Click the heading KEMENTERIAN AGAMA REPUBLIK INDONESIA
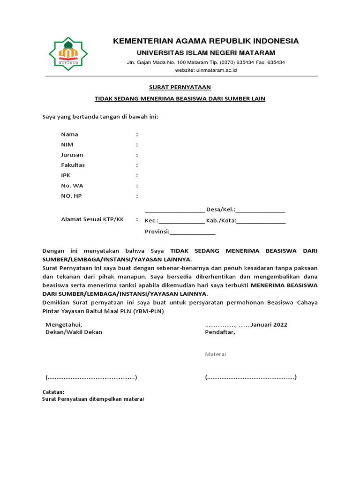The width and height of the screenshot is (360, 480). pyautogui.click(x=206, y=41)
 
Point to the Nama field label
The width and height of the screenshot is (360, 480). pyautogui.click(x=69, y=135)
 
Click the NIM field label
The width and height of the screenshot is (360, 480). pyautogui.click(x=67, y=145)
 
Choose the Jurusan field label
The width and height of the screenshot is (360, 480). pyautogui.click(x=72, y=155)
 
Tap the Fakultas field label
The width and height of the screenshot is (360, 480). pyautogui.click(x=73, y=165)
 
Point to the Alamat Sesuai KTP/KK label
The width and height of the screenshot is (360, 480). pyautogui.click(x=92, y=219)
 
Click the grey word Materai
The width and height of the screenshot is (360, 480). pyautogui.click(x=215, y=354)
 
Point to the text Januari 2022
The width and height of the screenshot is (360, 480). pyautogui.click(x=269, y=325)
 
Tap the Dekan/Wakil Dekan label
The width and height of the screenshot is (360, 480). pyautogui.click(x=74, y=332)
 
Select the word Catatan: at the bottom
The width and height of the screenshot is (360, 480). pyautogui.click(x=53, y=392)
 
